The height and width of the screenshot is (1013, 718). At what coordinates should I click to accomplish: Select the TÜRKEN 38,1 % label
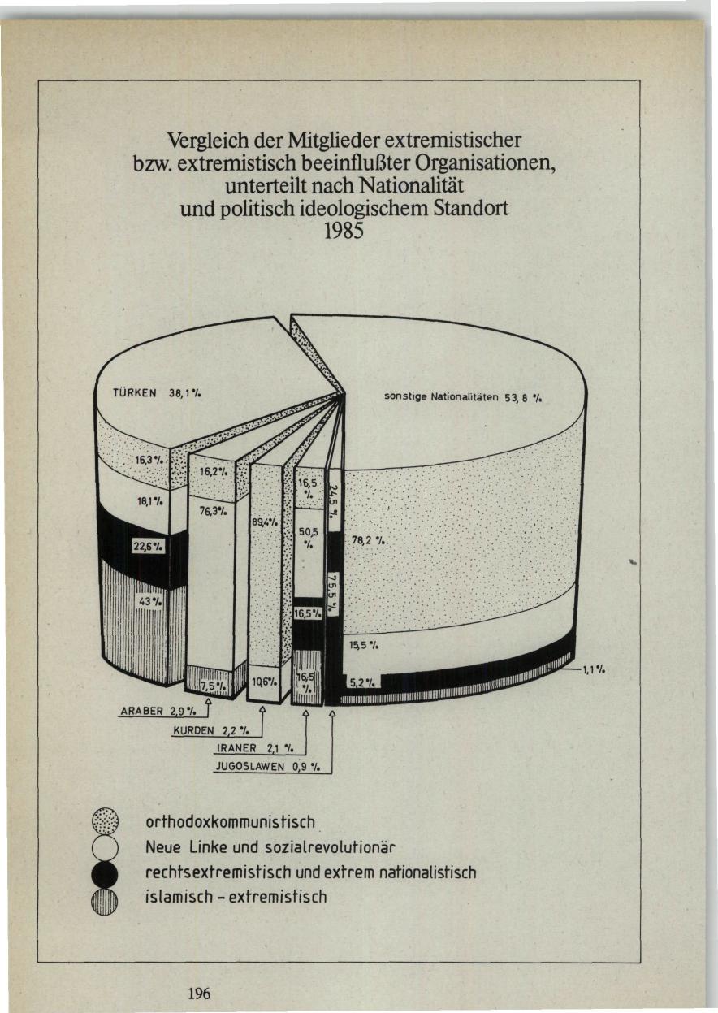[x=157, y=393]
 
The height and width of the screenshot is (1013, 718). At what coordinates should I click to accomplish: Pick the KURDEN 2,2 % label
[x=211, y=731]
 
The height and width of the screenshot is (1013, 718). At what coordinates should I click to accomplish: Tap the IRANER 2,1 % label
[x=256, y=748]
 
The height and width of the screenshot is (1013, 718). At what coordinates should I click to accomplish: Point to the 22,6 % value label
[x=148, y=546]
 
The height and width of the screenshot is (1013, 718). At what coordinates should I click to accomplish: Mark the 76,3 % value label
[x=210, y=511]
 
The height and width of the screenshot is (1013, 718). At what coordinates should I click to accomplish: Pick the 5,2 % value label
[x=362, y=683]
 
